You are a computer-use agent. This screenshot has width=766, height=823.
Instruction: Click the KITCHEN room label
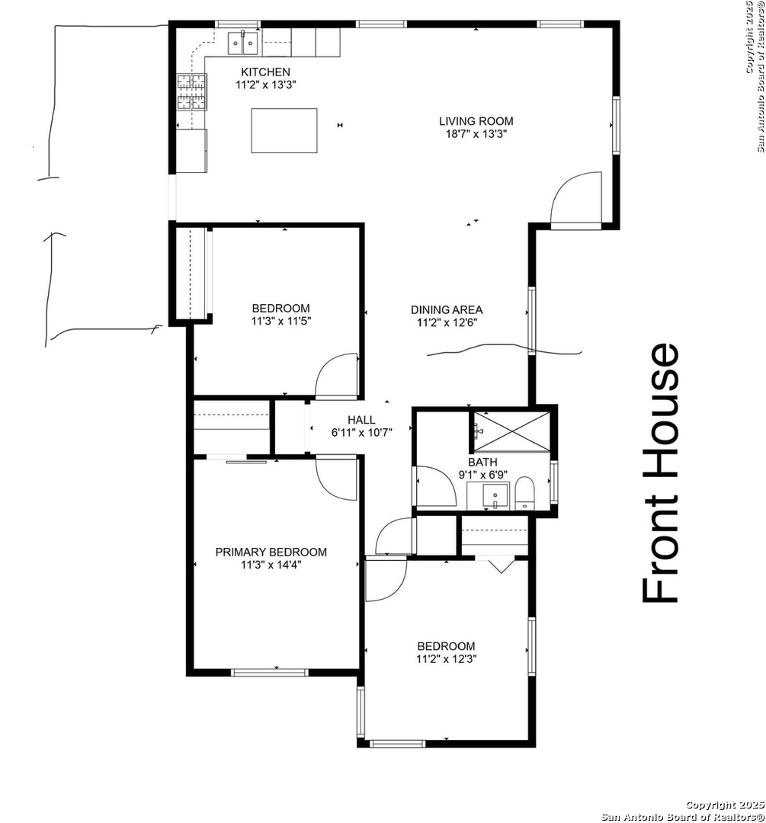coord(265,72)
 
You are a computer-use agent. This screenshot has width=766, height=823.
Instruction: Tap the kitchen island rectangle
coord(284,130)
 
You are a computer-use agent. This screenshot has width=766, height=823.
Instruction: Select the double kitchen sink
coord(243,43)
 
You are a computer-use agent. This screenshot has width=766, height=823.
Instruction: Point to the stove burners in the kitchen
coord(191,92)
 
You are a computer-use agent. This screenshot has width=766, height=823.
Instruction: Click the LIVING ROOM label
coord(476,121)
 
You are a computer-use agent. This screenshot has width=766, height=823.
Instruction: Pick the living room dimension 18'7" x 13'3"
coord(476,134)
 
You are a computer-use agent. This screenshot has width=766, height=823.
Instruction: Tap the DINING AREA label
coord(447,309)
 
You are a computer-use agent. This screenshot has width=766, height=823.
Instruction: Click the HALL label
coord(361,420)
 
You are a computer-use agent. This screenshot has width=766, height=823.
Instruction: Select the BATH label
coord(482,463)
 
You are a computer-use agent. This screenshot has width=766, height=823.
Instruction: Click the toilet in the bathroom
coord(524,492)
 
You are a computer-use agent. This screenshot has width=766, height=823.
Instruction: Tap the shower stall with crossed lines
coord(512,432)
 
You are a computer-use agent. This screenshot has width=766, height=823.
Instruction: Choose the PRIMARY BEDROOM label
coord(271,552)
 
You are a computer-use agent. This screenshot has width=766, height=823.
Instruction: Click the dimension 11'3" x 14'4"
coord(271,565)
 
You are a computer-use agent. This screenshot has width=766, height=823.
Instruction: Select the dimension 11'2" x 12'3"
coord(447,659)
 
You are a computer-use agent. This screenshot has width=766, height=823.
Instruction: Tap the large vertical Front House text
coord(661,472)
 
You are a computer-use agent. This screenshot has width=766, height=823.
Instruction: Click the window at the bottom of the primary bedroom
coord(269,672)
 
